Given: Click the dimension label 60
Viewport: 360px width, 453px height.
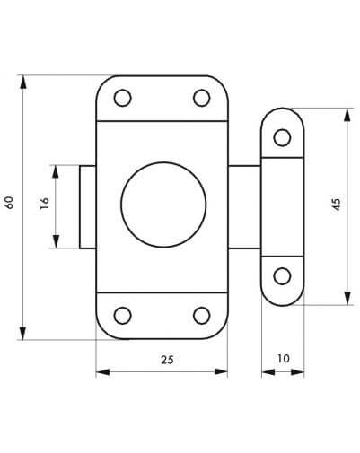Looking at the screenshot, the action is [9, 202].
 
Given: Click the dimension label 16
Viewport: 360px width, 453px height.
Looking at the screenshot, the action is [44, 203].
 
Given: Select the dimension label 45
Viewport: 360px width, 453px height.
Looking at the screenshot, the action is [337, 205].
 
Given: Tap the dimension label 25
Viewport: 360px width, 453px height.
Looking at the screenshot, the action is [167, 360].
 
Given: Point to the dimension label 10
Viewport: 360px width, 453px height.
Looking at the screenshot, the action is [283, 358].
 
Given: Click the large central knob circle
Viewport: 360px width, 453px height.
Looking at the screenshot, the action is [163, 205].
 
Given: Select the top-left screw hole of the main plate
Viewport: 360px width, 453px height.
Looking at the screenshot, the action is [123, 98].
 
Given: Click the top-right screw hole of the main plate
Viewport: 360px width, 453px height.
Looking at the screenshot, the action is [201, 98].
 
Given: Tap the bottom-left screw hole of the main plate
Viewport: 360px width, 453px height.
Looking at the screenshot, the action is [123, 315].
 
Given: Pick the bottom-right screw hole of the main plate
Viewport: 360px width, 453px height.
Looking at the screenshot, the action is [201, 315].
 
